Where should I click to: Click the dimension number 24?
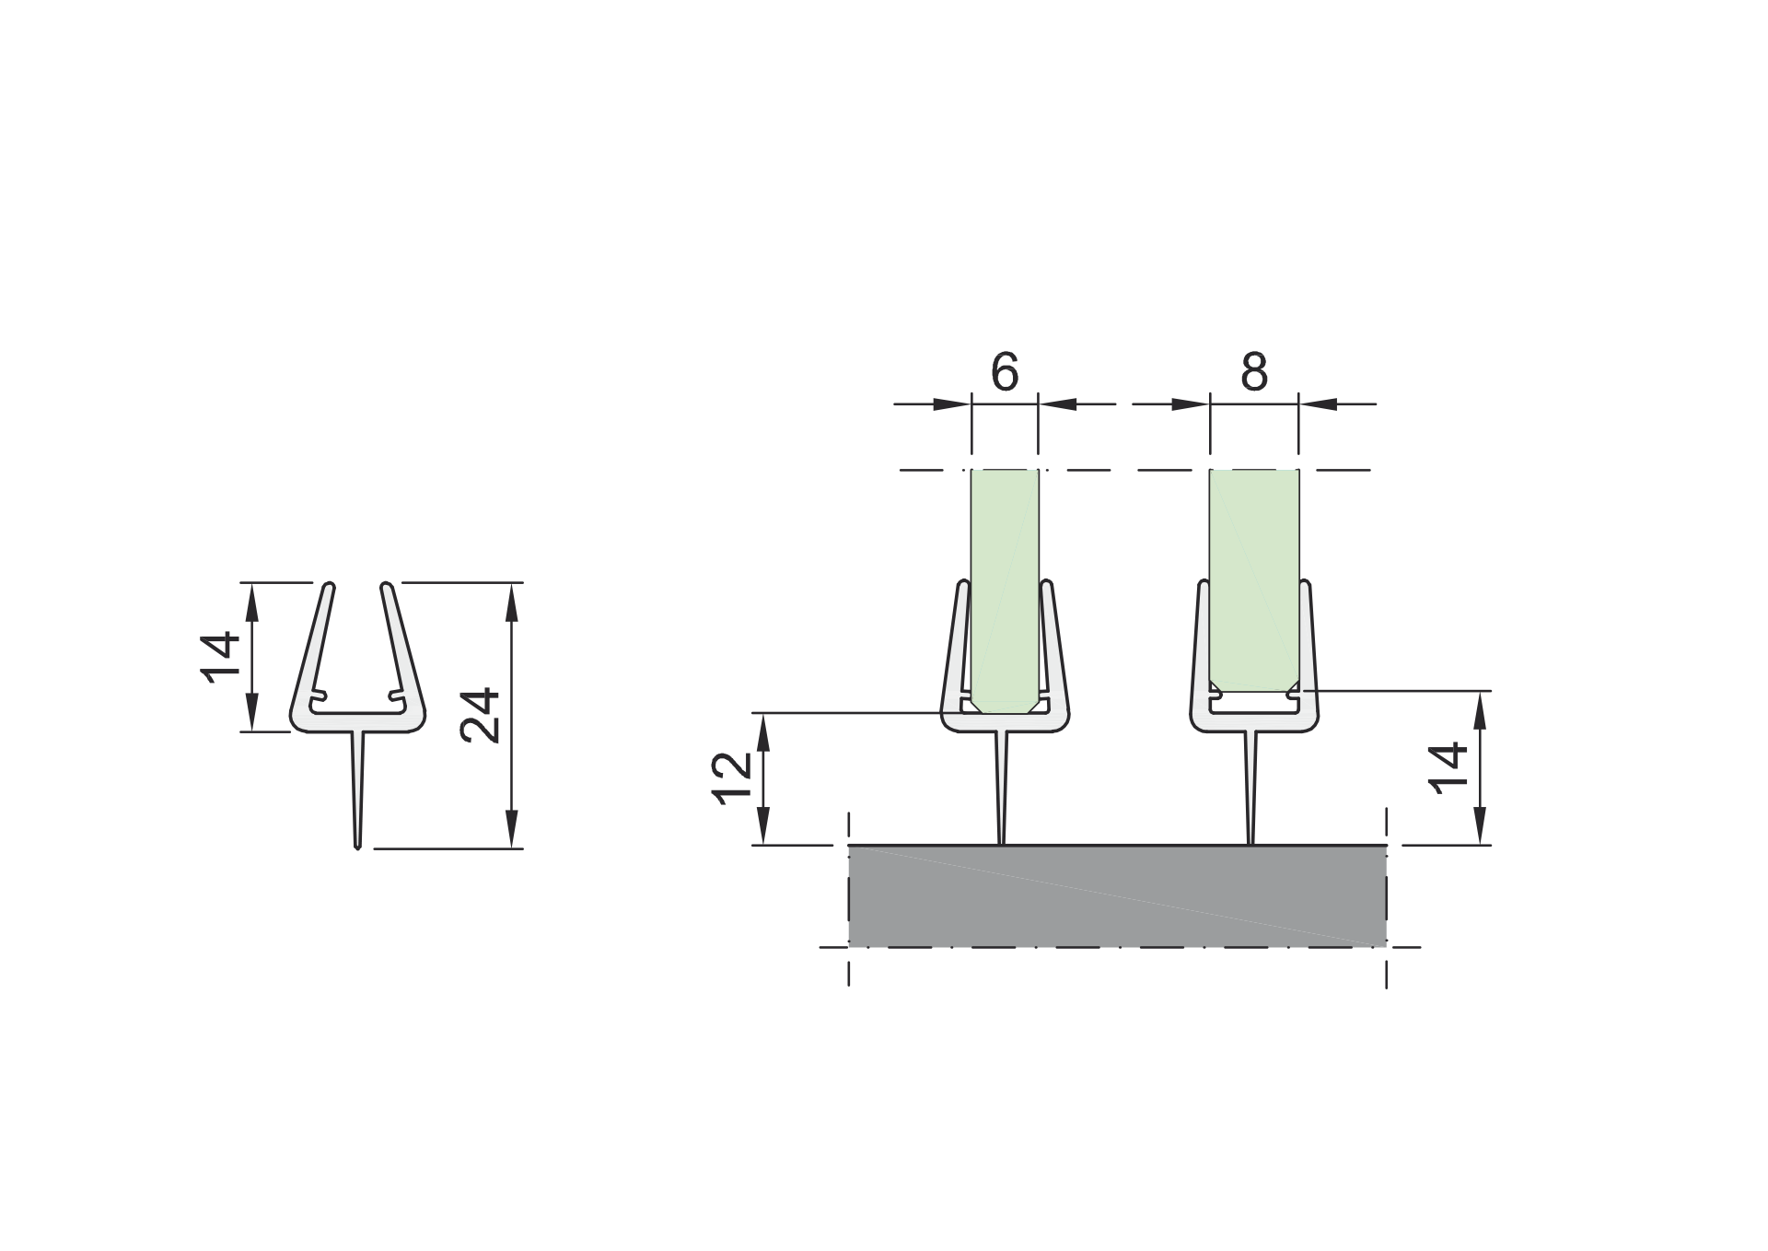click(x=481, y=715)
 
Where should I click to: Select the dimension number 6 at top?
click(x=1005, y=373)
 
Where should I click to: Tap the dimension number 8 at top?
click(x=1254, y=373)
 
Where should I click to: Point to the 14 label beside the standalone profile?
click(x=220, y=657)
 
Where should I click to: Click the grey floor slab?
click(x=1116, y=896)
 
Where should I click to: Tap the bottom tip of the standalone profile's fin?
click(x=357, y=845)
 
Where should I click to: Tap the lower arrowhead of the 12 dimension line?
click(x=763, y=830)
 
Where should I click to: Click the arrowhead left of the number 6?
click(x=953, y=403)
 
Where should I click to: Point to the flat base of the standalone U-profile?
click(x=357, y=722)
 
